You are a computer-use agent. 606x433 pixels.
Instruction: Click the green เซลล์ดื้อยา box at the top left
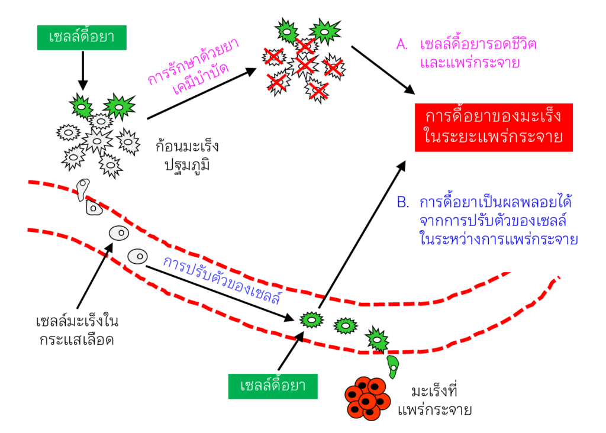click(x=82, y=37)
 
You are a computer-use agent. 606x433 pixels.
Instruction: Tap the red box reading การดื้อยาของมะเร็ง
click(x=494, y=127)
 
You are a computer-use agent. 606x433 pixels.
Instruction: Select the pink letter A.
click(x=402, y=45)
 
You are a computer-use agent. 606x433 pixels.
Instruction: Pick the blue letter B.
click(x=403, y=203)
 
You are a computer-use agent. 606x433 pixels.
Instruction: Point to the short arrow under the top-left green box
click(x=82, y=71)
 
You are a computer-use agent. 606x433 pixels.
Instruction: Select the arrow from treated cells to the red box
click(x=382, y=69)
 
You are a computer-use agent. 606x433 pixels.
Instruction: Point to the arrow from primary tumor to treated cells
click(x=201, y=95)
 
